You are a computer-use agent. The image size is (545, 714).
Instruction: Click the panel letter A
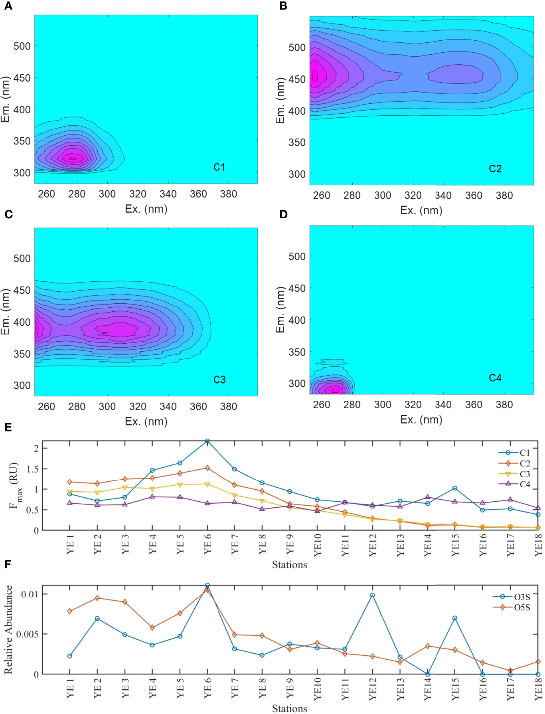[8, 6]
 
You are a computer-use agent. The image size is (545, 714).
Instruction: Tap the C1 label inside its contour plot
[219, 167]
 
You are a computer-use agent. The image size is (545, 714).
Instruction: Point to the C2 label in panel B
[495, 169]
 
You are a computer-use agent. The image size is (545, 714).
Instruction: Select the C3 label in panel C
[219, 380]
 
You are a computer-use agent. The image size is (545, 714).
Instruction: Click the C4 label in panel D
[495, 378]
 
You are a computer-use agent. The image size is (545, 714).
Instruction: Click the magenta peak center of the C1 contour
[72, 158]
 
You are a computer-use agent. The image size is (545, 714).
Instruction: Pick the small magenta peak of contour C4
[334, 390]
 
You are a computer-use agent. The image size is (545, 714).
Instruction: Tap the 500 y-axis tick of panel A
[22, 46]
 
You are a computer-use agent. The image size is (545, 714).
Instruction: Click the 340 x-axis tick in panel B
[443, 196]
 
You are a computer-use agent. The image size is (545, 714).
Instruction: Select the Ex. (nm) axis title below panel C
[146, 421]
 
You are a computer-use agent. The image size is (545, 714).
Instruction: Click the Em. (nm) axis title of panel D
[280, 310]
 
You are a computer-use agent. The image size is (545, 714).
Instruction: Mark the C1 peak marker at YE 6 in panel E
[207, 441]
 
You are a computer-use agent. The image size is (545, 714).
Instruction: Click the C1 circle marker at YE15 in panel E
[454, 488]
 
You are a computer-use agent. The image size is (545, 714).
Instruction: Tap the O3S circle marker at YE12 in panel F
[372, 595]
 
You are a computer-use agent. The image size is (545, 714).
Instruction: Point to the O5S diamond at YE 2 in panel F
[97, 598]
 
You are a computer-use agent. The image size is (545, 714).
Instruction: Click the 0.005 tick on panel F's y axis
[27, 634]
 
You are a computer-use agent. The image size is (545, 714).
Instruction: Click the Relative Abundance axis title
[8, 630]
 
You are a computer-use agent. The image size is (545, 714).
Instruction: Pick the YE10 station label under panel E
[318, 545]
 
